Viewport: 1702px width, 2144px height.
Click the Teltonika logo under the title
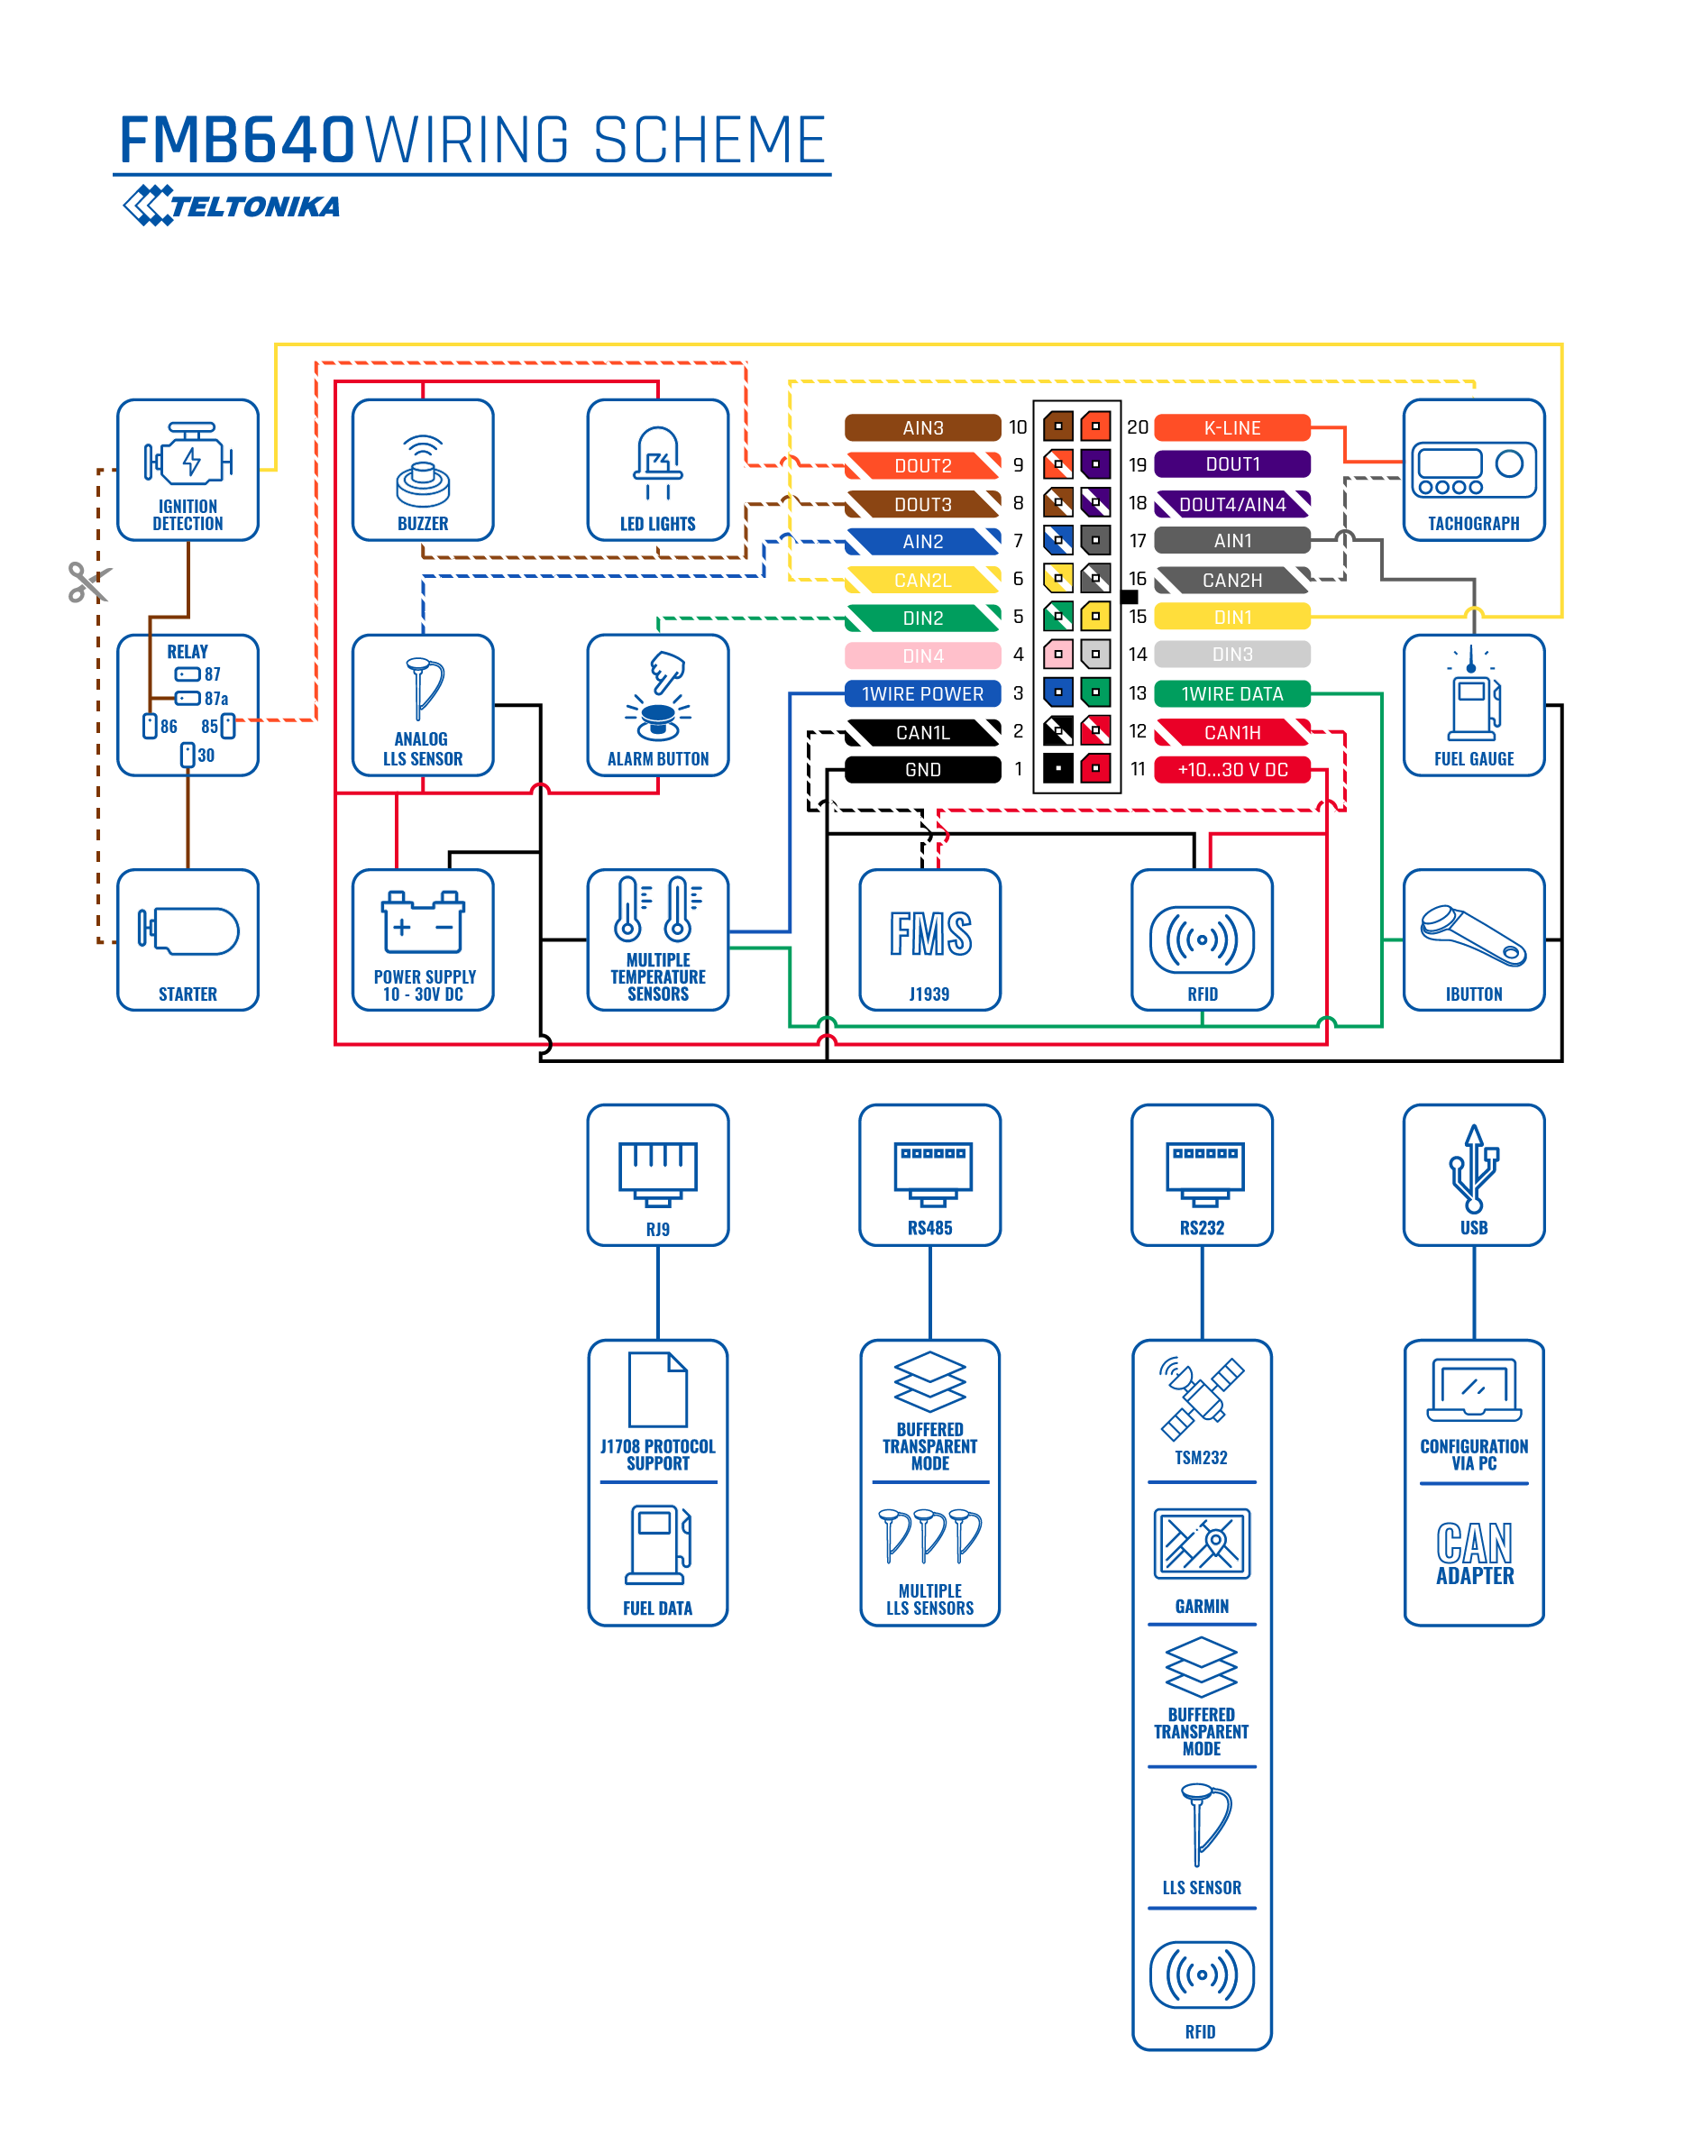tap(230, 205)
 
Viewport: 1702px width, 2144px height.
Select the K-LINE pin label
tap(1231, 427)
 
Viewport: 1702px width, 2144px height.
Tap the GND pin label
tap(922, 770)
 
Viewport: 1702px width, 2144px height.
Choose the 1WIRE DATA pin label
tap(1231, 693)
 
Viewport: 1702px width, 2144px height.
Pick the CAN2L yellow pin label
tap(922, 580)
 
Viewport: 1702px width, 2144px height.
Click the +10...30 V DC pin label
tap(1231, 770)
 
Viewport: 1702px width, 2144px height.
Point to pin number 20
tap(1138, 427)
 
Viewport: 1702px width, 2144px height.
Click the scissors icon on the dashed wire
tap(88, 582)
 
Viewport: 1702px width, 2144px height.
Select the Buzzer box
tap(423, 471)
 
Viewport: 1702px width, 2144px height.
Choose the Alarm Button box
tap(658, 705)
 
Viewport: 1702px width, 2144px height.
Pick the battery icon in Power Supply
tap(423, 921)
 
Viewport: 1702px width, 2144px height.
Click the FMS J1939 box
tap(929, 939)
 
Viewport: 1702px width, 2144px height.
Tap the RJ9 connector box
tap(658, 1175)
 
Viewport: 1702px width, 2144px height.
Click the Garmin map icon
tap(1202, 1544)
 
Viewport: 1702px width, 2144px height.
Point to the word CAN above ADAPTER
tap(1474, 1544)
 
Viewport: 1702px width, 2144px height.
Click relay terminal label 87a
tap(215, 698)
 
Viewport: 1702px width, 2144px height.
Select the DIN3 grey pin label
tap(1231, 655)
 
